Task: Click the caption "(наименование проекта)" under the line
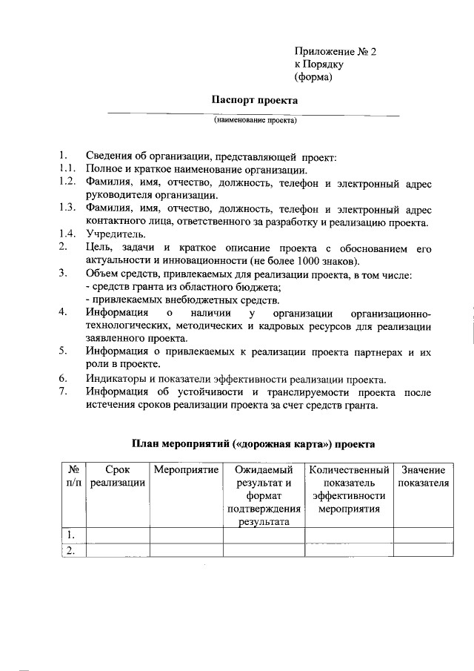(x=255, y=119)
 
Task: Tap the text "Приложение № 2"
(x=336, y=52)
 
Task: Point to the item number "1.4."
(x=67, y=234)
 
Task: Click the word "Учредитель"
(x=115, y=234)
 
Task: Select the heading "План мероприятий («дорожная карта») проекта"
(x=254, y=444)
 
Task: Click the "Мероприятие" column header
(x=186, y=470)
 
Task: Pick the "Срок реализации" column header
(x=118, y=477)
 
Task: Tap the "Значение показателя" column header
(x=424, y=477)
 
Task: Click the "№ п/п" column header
(x=73, y=477)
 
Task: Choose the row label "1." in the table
(x=72, y=535)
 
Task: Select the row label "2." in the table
(x=72, y=550)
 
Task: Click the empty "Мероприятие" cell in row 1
(x=186, y=535)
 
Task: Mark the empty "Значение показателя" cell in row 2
(x=424, y=550)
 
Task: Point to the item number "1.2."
(x=67, y=182)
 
